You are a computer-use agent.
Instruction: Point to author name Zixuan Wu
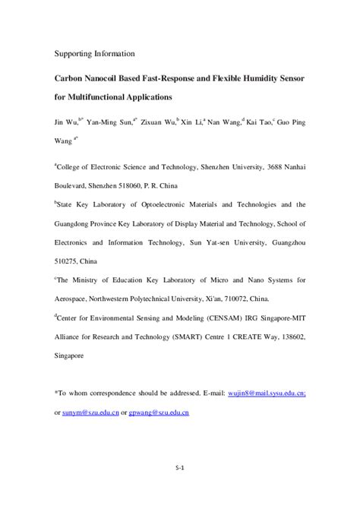pyautogui.click(x=157, y=122)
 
